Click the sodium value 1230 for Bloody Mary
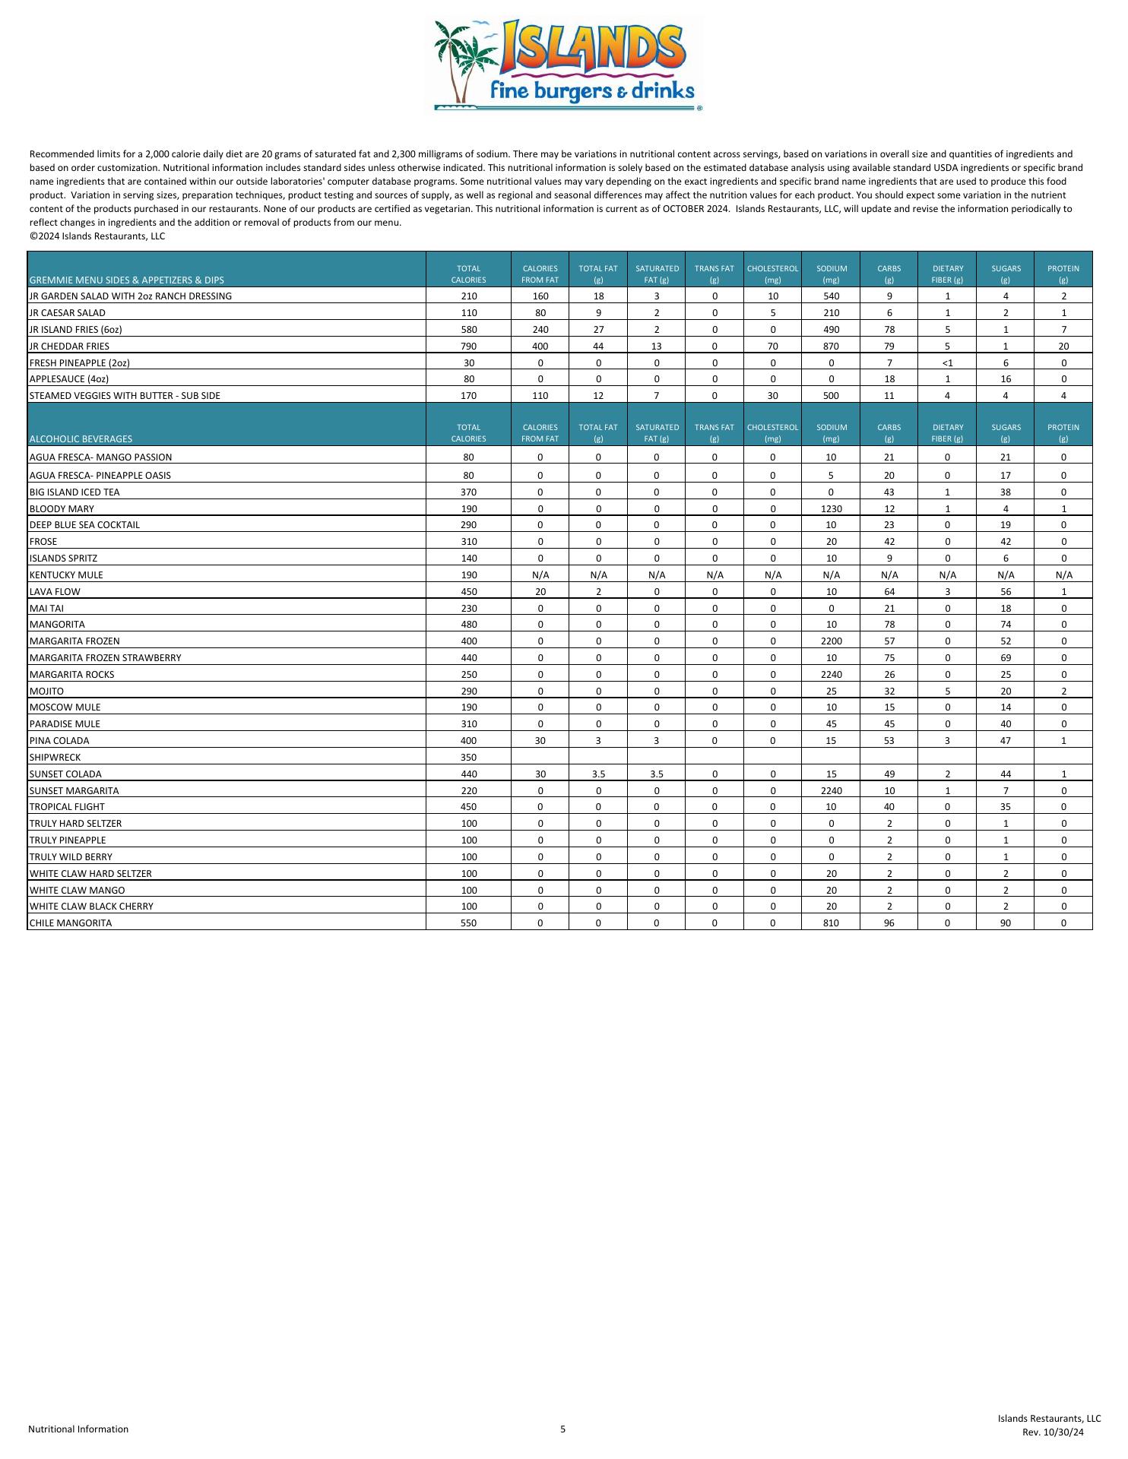pyautogui.click(x=831, y=508)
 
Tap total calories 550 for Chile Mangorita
pyautogui.click(x=468, y=923)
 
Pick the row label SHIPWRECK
pyautogui.click(x=55, y=758)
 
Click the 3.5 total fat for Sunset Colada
pyautogui.click(x=598, y=774)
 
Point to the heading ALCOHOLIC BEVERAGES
pyautogui.click(x=81, y=439)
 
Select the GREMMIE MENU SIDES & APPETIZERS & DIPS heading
pyautogui.click(x=127, y=280)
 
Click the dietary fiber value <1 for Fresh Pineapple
pyautogui.click(x=947, y=362)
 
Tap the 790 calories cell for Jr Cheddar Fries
pyautogui.click(x=468, y=347)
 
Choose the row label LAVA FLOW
pyautogui.click(x=55, y=592)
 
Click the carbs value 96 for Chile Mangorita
pyautogui.click(x=889, y=923)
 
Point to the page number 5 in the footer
pyautogui.click(x=563, y=1429)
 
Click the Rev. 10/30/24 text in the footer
pyautogui.click(x=1053, y=1432)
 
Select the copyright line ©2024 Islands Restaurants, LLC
pyautogui.click(x=97, y=236)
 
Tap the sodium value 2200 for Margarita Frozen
pyautogui.click(x=831, y=641)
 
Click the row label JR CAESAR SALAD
pyautogui.click(x=68, y=313)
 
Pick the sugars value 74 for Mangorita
pyautogui.click(x=1005, y=625)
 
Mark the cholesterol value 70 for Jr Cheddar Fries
pyautogui.click(x=772, y=347)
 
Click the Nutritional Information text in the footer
pyautogui.click(x=78, y=1429)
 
